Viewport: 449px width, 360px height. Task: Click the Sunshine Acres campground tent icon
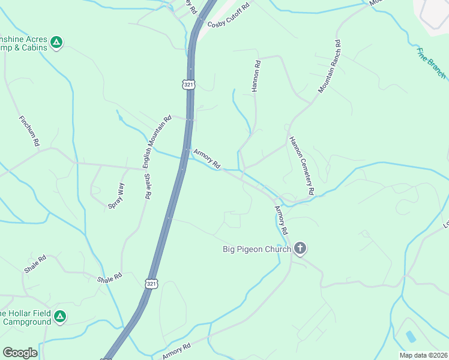pyautogui.click(x=56, y=42)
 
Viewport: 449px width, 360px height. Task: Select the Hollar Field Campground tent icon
pyautogui.click(x=59, y=316)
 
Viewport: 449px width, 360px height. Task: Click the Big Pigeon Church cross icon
pyautogui.click(x=300, y=248)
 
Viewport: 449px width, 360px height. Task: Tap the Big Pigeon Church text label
pyautogui.click(x=256, y=249)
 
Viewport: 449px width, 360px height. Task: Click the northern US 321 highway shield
pyautogui.click(x=189, y=85)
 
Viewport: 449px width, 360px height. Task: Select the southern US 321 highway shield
pyautogui.click(x=151, y=283)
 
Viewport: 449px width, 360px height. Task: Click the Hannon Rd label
pyautogui.click(x=256, y=76)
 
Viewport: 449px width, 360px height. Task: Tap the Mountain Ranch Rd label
pyautogui.click(x=330, y=66)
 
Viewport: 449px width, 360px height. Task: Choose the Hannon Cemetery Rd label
pyautogui.click(x=301, y=166)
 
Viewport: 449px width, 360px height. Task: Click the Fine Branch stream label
pyautogui.click(x=432, y=64)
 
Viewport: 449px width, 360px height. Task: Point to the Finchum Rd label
pyautogui.click(x=29, y=131)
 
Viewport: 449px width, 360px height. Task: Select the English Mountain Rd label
pyautogui.click(x=157, y=142)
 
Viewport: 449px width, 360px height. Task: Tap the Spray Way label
pyautogui.click(x=116, y=196)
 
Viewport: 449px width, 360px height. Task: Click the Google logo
pyautogui.click(x=20, y=353)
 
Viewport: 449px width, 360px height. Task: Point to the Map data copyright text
pyautogui.click(x=423, y=355)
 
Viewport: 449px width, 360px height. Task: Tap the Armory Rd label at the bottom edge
pyautogui.click(x=176, y=352)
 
